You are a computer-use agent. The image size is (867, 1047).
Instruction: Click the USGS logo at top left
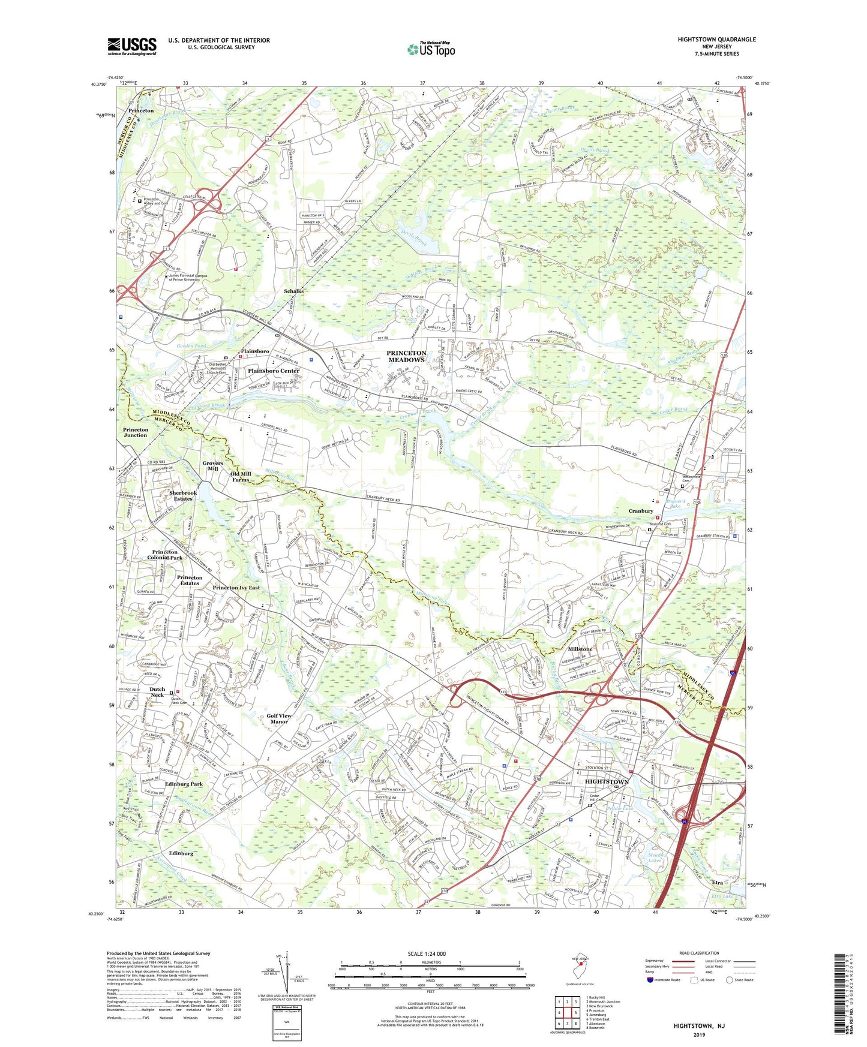pos(132,46)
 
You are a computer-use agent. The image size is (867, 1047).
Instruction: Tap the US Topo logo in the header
pos(431,49)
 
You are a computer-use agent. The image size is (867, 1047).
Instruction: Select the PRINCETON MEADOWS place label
pos(406,356)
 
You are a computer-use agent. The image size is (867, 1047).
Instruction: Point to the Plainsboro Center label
pos(273,371)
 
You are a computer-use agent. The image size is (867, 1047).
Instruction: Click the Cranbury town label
pos(640,511)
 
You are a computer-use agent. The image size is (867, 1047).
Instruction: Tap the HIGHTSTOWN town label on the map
pos(607,781)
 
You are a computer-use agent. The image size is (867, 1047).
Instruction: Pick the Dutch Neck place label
pos(157,692)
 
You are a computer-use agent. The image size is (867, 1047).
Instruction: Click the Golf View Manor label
pos(279,718)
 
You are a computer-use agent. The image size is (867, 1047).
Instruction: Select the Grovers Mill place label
pos(212,466)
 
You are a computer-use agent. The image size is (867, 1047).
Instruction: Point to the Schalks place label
pos(293,291)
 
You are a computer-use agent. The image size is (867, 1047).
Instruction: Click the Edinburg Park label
pos(184,784)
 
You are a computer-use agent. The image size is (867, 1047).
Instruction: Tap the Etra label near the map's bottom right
pos(717,883)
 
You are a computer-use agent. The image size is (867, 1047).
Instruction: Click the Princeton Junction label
pos(136,432)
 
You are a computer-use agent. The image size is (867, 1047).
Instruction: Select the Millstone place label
pos(580,649)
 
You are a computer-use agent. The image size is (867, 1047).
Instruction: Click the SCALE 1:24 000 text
pos(427,954)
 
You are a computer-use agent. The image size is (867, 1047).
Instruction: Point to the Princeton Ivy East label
pos(236,588)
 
